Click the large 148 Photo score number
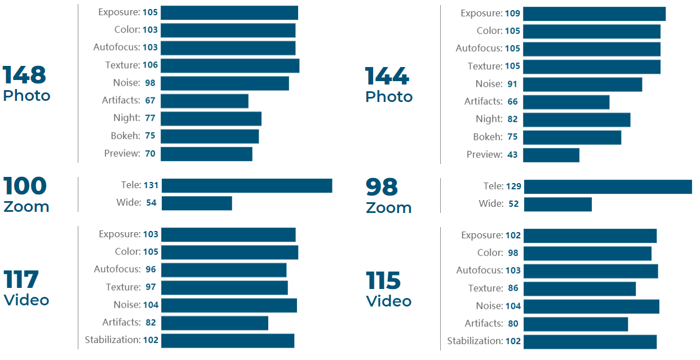click(24, 75)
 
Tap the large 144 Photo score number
click(387, 77)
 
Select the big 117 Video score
click(21, 280)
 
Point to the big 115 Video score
click(383, 281)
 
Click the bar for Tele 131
click(246, 186)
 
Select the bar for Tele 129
click(608, 187)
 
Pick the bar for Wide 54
click(197, 203)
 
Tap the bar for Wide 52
click(557, 204)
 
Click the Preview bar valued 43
click(551, 155)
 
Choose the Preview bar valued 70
click(206, 154)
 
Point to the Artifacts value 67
click(150, 100)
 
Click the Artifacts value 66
click(512, 101)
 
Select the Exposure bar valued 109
click(594, 14)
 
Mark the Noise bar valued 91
click(583, 84)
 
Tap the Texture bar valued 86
click(579, 288)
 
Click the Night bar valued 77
click(211, 118)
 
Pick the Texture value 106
click(150, 65)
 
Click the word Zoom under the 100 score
click(26, 207)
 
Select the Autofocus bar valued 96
click(223, 270)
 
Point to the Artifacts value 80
click(513, 324)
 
